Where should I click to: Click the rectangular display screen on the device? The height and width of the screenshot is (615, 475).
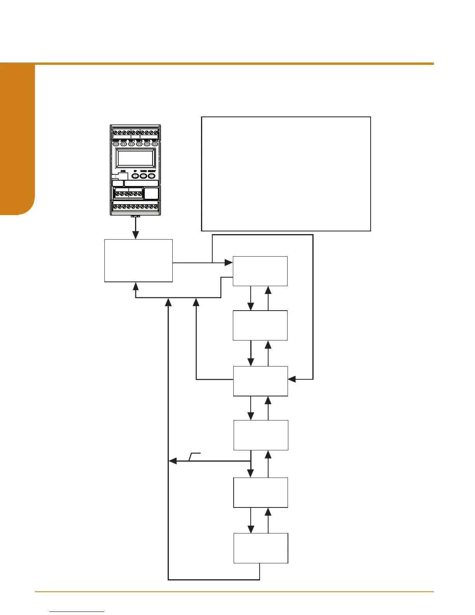coord(136,158)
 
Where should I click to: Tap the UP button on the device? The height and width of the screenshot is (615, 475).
coord(135,176)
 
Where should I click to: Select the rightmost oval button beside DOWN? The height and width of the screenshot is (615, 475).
coord(151,176)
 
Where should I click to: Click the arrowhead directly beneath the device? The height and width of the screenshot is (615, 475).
coord(135,235)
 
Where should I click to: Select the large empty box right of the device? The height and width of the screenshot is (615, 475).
coord(286,174)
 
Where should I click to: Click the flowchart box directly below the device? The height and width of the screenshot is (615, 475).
coord(139,260)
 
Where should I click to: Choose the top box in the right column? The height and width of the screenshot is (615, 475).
coord(260,271)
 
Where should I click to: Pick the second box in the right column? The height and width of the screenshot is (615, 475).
coord(260,325)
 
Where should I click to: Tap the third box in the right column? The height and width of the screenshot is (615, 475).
coord(260,381)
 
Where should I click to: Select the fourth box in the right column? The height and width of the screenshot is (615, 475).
coord(261,435)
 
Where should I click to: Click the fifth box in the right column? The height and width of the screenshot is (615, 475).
coord(260,492)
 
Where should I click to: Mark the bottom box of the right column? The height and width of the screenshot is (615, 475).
coord(261,548)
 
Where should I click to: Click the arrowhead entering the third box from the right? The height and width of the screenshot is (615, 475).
coord(291,379)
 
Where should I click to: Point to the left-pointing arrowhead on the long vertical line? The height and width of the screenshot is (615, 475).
coord(173,461)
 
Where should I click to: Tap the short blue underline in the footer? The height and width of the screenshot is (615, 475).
coord(77,612)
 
